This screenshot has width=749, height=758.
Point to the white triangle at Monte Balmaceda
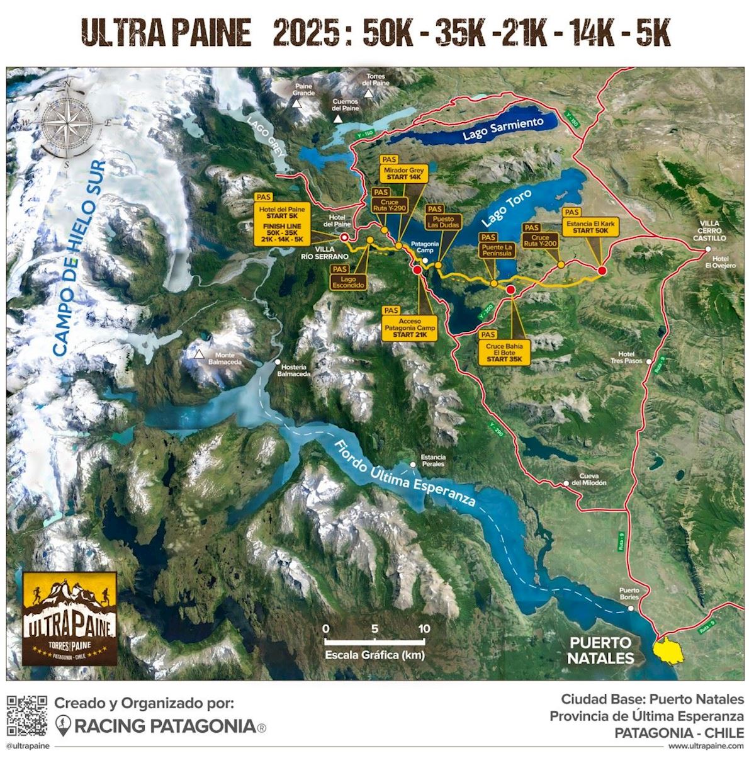point(200,355)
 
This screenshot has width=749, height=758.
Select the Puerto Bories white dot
point(631,608)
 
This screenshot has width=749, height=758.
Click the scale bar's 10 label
point(423,628)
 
